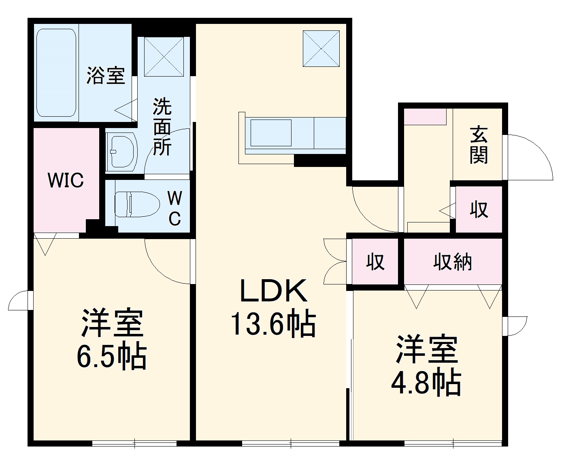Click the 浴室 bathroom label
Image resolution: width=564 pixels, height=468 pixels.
tap(106, 76)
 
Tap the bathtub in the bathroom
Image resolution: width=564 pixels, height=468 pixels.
tap(56, 73)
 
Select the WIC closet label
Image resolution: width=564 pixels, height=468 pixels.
tap(66, 180)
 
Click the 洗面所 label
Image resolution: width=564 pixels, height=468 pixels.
tap(162, 126)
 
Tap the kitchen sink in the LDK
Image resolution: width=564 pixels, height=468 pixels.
tap(270, 132)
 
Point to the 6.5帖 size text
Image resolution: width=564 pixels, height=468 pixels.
tap(112, 357)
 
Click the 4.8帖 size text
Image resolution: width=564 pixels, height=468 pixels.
tap(426, 382)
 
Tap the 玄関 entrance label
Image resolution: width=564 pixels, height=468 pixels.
tap(479, 145)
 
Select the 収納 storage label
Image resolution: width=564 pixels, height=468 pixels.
tap(453, 262)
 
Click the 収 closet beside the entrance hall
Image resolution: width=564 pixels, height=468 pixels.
tap(479, 209)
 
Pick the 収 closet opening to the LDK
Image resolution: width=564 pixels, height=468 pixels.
tap(375, 262)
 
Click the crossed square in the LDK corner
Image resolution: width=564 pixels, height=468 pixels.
tap(321, 48)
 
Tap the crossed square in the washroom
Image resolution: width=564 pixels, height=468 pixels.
tap(164, 56)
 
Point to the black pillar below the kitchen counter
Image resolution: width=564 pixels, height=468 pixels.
tap(320, 161)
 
